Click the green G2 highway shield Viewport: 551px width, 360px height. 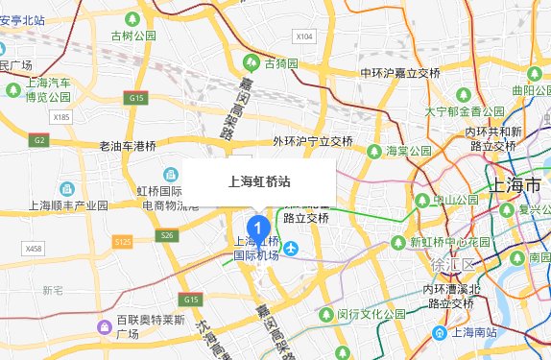tap(39, 140)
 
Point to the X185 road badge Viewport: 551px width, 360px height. tap(62, 117)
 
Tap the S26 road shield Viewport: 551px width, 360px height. tap(169, 235)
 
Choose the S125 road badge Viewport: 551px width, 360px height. tap(121, 243)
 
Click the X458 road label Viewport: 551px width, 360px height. tap(35, 249)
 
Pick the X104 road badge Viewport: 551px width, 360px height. tap(304, 36)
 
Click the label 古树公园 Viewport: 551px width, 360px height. tap(133, 36)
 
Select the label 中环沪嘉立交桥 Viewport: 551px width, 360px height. tap(399, 73)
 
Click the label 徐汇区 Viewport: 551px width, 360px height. tap(454, 264)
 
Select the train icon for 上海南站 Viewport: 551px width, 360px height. tap(439, 333)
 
